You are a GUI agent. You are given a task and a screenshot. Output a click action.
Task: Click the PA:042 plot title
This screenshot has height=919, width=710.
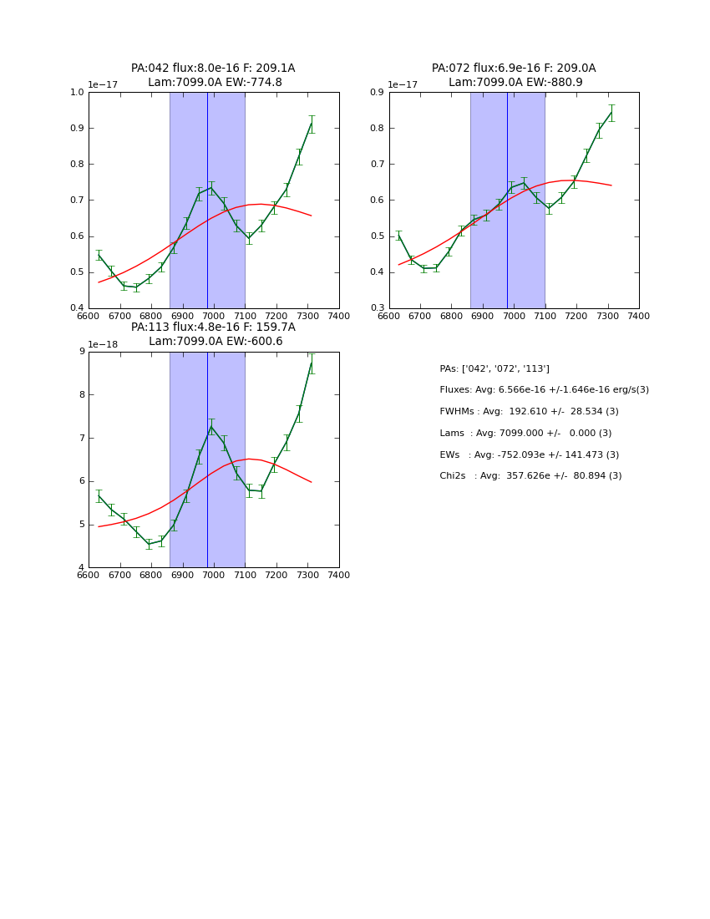213,75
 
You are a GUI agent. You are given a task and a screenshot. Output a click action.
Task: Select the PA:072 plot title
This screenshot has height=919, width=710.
514,75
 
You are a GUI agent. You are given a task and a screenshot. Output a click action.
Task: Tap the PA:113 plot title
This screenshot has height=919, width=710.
213,334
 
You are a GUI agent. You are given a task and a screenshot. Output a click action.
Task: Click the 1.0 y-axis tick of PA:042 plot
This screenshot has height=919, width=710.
78,93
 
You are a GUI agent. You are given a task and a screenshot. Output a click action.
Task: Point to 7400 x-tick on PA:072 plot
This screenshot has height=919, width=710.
638,316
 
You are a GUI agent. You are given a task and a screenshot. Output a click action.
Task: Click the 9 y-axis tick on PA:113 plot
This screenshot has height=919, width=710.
81,352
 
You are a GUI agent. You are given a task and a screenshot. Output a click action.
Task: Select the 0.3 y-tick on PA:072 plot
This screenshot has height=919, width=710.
378,308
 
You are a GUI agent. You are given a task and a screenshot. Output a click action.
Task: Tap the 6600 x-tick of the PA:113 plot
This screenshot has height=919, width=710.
89,575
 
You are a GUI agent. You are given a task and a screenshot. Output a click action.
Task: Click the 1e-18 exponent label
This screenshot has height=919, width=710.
104,344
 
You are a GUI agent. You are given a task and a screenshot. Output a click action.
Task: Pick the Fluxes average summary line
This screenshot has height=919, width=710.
544,390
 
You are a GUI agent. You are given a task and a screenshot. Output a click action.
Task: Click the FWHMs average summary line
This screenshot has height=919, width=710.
529,412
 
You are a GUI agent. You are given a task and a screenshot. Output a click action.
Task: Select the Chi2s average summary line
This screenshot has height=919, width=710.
530,476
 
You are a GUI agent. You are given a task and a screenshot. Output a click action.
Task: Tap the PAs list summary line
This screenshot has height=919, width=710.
494,369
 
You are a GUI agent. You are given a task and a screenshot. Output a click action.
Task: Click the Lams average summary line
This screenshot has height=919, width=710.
525,434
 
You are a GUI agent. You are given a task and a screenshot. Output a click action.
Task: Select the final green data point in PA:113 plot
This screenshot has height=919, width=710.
312,363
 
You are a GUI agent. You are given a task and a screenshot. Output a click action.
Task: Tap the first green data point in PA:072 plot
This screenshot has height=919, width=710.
398,236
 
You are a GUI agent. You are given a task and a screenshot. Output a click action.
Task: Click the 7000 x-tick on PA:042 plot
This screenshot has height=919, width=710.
214,316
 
